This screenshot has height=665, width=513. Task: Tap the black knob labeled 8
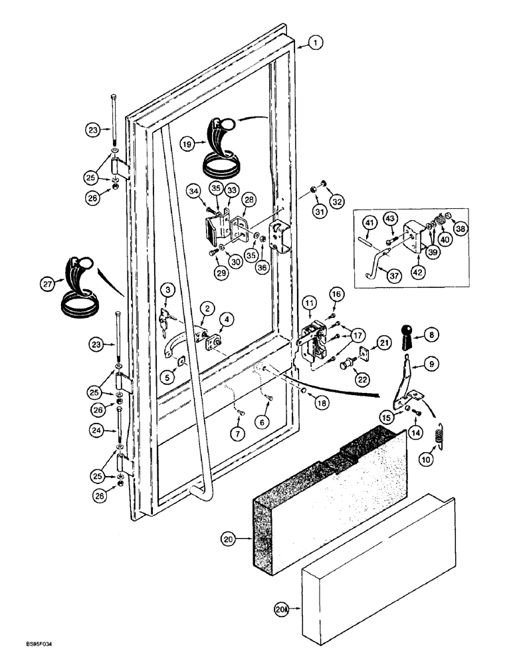click(408, 338)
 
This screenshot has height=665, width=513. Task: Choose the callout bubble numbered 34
click(194, 193)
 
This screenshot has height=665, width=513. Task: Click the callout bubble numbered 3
click(169, 290)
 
